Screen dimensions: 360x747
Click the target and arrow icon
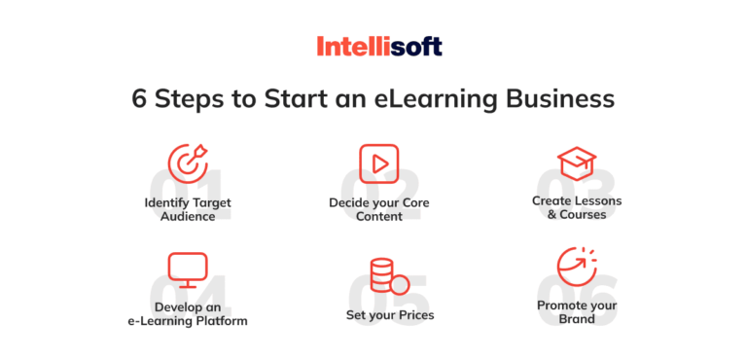(188, 162)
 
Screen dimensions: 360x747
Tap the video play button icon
(378, 162)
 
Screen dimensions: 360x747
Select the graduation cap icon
(576, 162)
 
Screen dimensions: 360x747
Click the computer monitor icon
(188, 269)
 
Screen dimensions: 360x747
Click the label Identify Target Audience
(188, 209)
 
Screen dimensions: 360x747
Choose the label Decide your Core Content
(378, 209)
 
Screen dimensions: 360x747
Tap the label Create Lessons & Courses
(577, 207)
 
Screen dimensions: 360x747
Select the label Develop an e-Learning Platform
(188, 313)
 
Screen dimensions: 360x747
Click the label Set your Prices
(390, 315)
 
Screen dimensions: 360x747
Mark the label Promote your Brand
(577, 311)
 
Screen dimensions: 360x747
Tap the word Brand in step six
(577, 318)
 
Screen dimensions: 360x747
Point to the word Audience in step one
(188, 216)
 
